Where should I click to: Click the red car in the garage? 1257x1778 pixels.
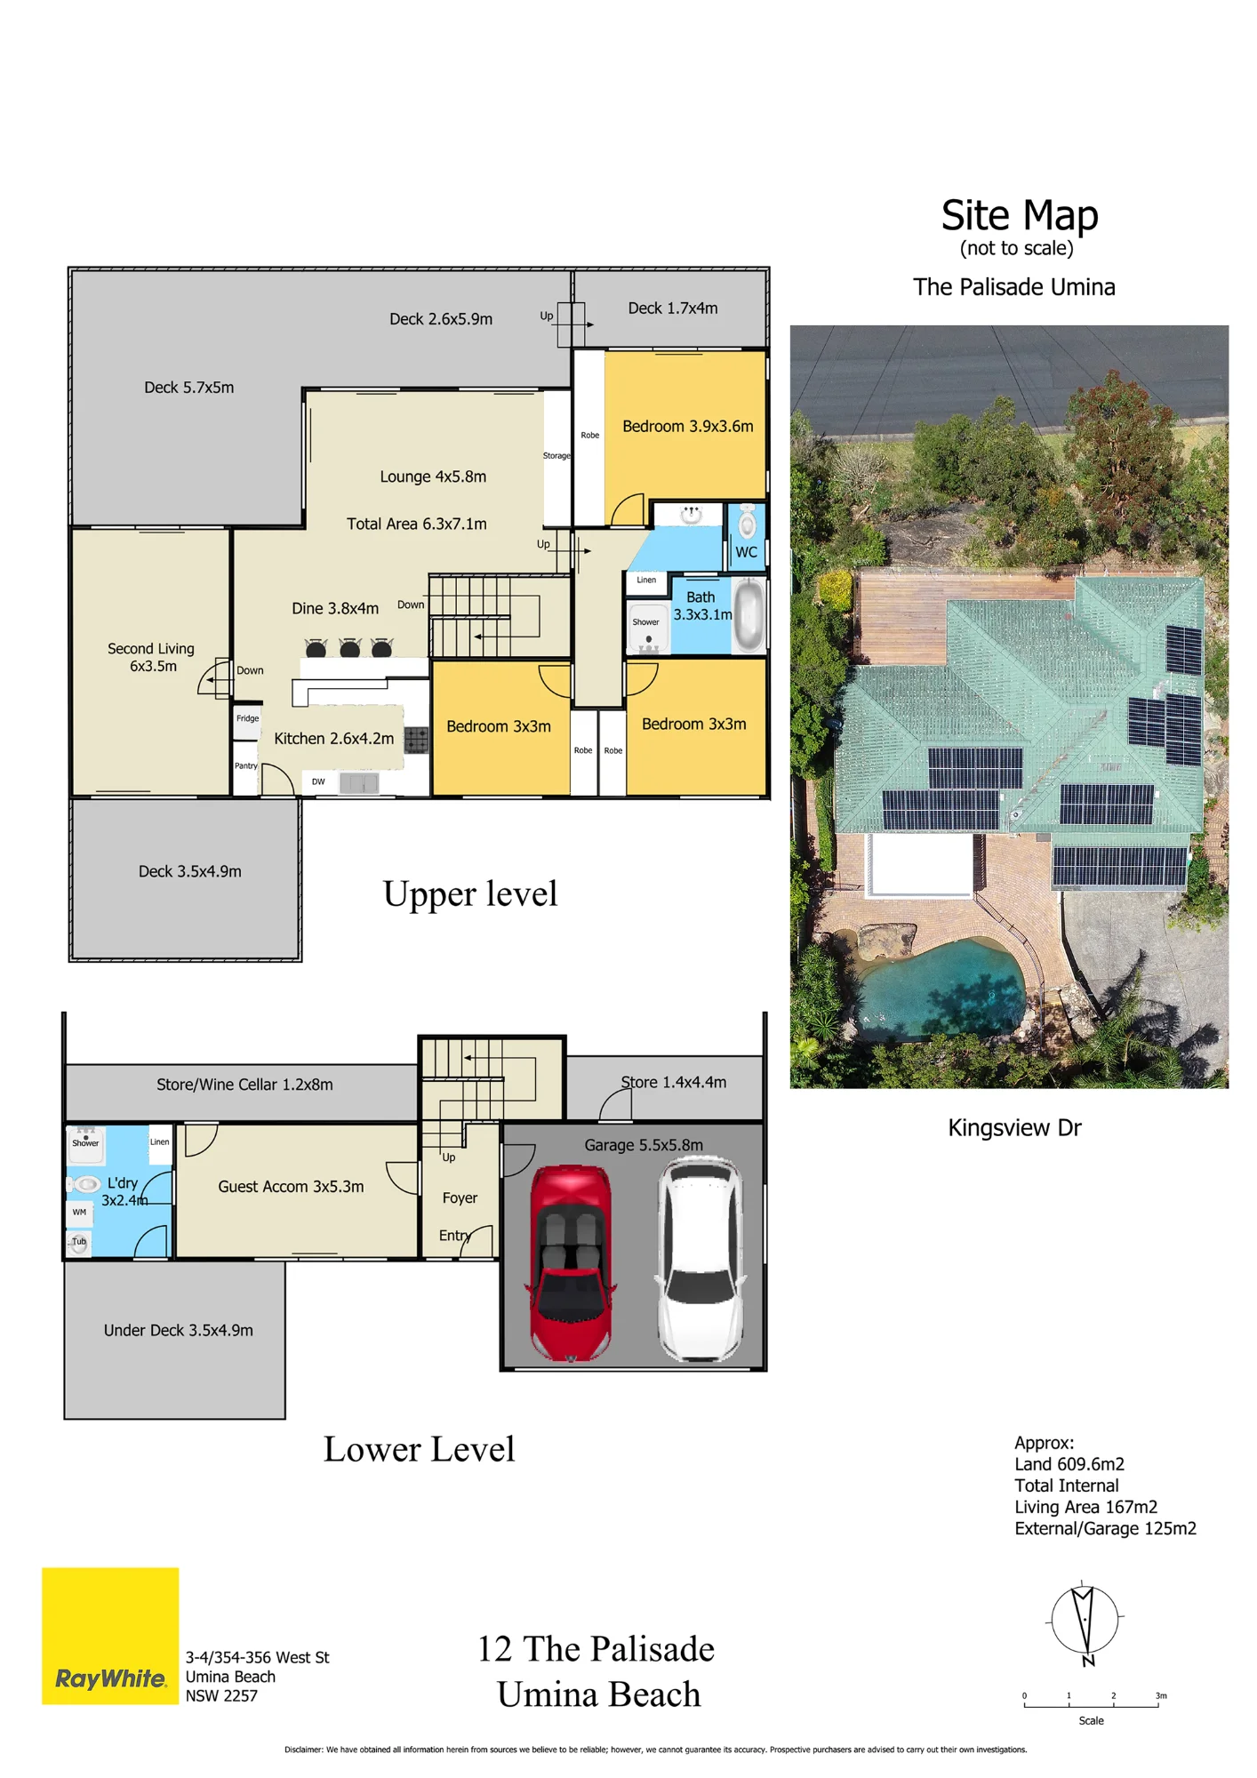(x=572, y=1262)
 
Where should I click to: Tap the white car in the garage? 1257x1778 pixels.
(x=701, y=1260)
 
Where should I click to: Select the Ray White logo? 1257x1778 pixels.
(x=110, y=1636)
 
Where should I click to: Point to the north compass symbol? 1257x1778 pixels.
(x=1085, y=1622)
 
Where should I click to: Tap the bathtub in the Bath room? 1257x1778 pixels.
(x=749, y=614)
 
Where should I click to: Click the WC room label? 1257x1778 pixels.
(x=746, y=552)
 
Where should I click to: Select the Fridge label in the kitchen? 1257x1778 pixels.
(x=248, y=718)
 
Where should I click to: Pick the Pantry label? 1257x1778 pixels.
(x=246, y=765)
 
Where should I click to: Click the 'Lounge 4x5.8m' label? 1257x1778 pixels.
(x=433, y=477)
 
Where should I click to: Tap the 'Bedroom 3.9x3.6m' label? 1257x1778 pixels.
(x=687, y=426)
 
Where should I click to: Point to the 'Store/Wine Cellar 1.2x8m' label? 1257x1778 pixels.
(x=244, y=1085)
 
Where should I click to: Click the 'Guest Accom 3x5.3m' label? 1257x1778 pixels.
(x=291, y=1187)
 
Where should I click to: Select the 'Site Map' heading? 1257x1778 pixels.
(x=1020, y=215)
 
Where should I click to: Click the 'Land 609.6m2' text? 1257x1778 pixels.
(x=1069, y=1464)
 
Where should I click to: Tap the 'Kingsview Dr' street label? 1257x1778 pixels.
(x=1014, y=1128)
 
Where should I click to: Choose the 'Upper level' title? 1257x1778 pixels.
(x=470, y=894)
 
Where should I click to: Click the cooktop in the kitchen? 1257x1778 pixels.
(x=416, y=739)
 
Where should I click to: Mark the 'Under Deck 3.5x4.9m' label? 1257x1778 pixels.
(x=178, y=1331)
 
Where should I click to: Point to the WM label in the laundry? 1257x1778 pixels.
(x=79, y=1213)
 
